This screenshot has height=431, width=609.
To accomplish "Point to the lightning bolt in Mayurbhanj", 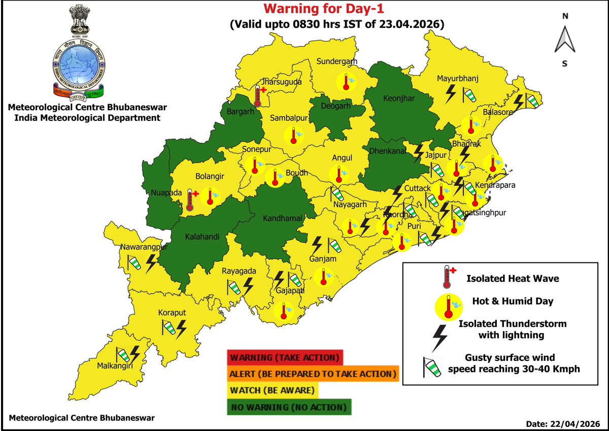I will coord(450,93).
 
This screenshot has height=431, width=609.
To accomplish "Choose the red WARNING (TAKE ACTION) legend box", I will coord(285,357).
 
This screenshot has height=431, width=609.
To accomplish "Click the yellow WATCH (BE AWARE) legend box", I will coord(273,390).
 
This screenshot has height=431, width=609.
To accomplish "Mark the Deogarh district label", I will coord(336,106).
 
